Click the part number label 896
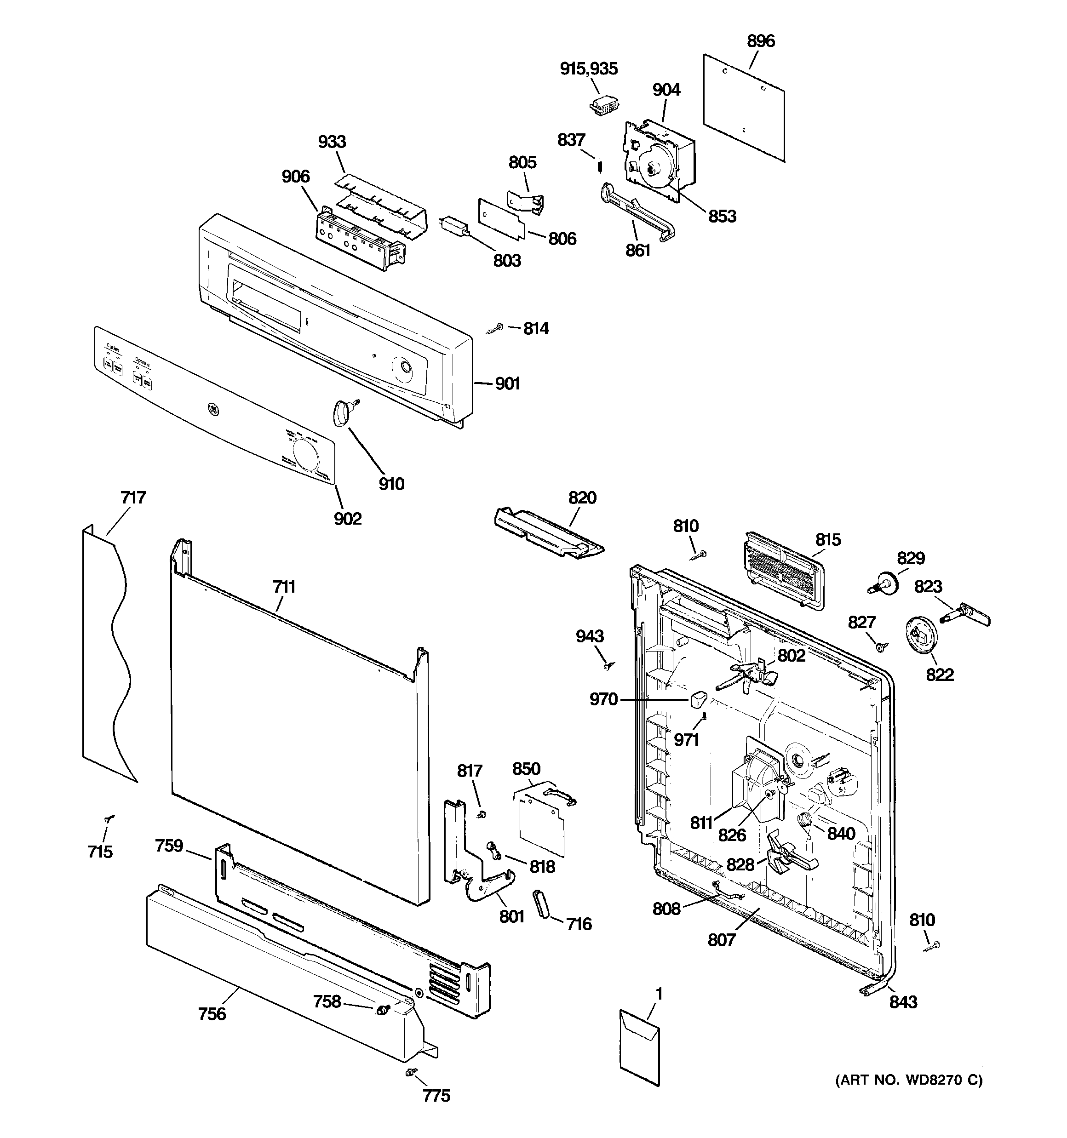(761, 41)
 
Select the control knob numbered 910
(341, 412)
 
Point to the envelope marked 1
(639, 1047)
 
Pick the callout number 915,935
(588, 69)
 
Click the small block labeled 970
(697, 699)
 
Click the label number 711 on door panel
(284, 587)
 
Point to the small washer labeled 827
(879, 647)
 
